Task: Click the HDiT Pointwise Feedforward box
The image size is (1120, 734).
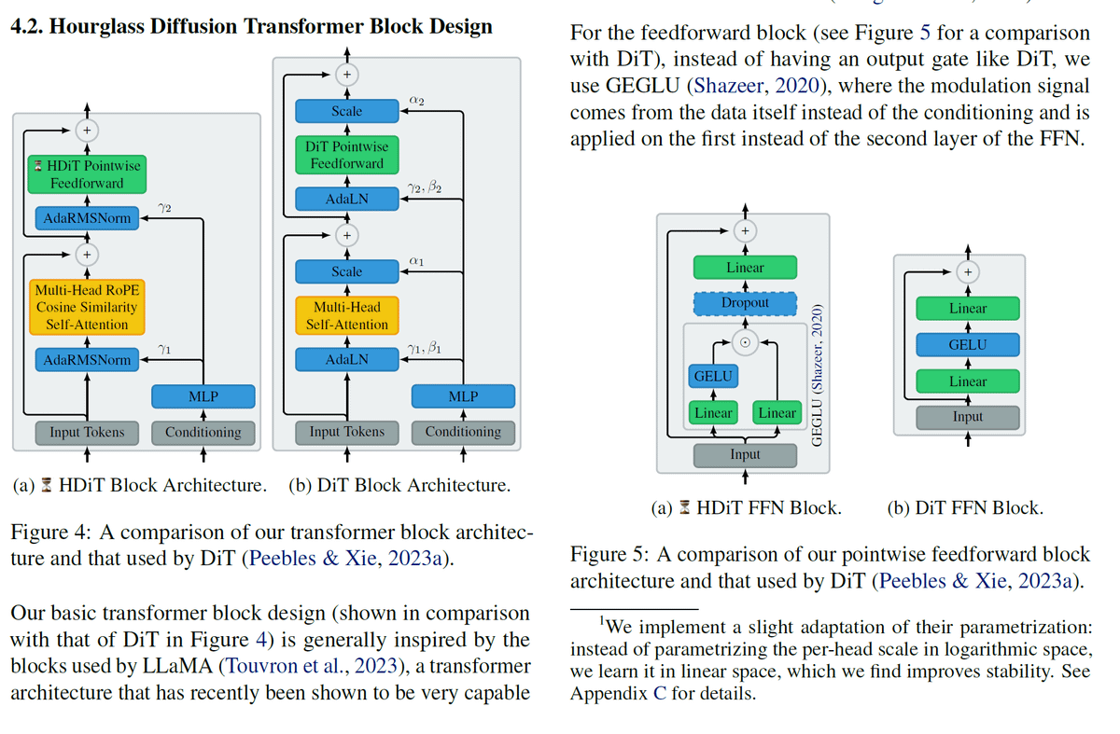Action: pos(86,173)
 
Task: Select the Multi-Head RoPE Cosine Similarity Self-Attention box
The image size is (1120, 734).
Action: pos(87,307)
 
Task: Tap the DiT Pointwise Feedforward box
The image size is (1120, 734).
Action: pos(346,155)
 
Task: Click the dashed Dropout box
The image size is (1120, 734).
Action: pos(745,303)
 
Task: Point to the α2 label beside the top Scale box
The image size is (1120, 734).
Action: pos(418,99)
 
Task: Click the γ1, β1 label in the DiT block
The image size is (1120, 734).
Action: pos(424,348)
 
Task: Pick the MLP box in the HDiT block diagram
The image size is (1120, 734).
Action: pos(203,395)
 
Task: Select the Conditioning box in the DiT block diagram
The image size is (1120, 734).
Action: pos(463,432)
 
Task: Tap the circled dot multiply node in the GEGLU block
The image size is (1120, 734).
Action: pos(745,341)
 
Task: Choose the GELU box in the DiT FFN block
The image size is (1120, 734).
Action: pos(967,344)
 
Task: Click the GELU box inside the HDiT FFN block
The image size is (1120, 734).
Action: pos(713,376)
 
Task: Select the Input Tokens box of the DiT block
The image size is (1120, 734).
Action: pos(346,432)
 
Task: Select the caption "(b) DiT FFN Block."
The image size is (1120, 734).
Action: pos(965,508)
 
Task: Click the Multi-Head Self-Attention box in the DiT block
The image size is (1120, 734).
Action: pos(346,315)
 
